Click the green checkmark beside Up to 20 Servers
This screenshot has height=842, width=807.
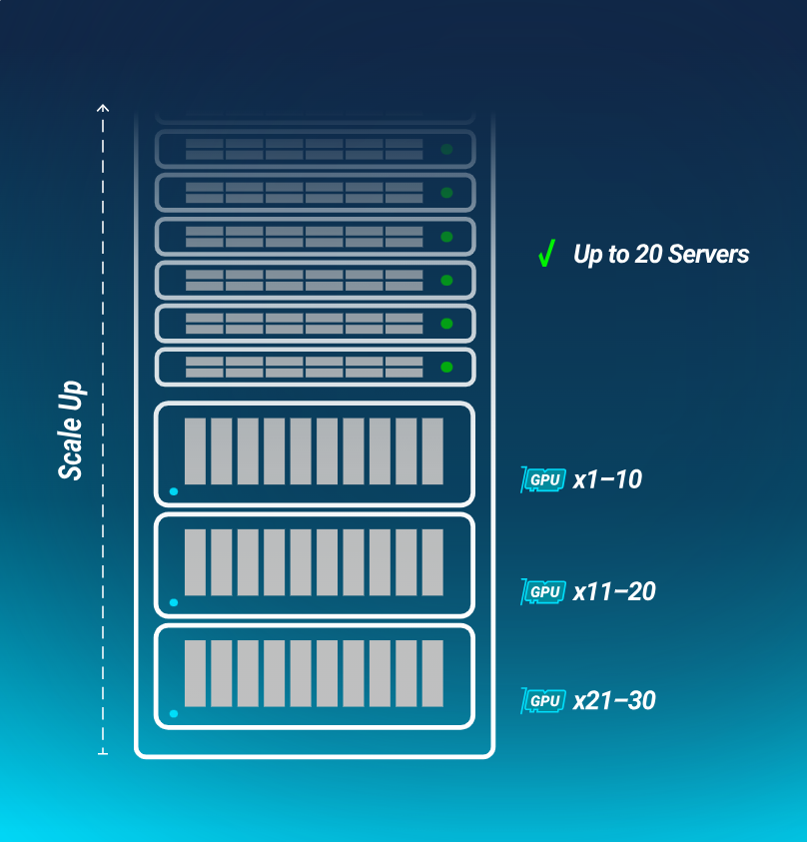pos(545,255)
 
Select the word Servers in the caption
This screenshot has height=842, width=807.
pos(708,255)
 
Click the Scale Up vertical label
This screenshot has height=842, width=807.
pos(71,430)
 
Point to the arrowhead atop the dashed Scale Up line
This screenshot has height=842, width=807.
pos(103,106)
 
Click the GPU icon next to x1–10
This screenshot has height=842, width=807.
pos(543,480)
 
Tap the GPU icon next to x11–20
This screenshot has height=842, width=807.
pos(543,592)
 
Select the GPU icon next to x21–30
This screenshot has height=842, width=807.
pos(543,701)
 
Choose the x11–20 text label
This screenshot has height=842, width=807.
pos(614,592)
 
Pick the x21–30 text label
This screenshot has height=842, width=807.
pos(614,701)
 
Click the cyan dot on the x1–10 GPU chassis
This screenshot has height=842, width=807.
pos(174,491)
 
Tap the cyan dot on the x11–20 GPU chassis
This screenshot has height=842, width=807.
pos(174,603)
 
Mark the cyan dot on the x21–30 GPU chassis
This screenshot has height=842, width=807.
pos(174,714)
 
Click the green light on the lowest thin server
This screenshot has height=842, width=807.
pos(446,367)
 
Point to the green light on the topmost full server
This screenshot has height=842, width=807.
pos(446,149)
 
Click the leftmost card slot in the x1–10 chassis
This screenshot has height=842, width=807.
pos(195,451)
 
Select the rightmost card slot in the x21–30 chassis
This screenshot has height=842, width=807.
pos(432,674)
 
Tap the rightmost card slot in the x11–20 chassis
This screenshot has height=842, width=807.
pos(432,562)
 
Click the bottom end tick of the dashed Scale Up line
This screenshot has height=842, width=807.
pos(103,753)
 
